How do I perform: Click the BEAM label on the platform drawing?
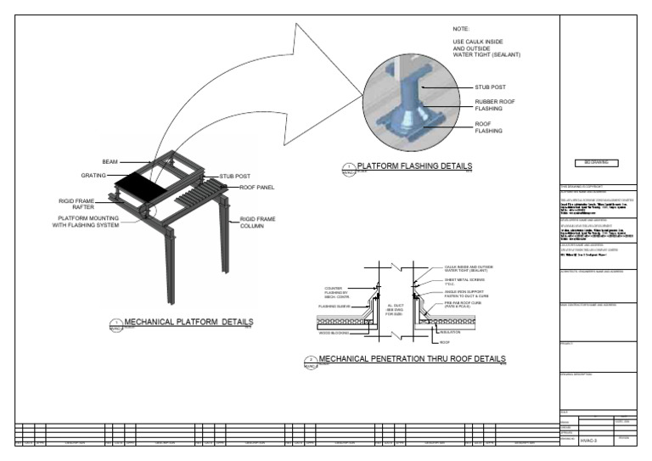click(110, 161)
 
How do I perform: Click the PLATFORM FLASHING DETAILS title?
click(414, 166)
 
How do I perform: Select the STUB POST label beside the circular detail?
click(490, 87)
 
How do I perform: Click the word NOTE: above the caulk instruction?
click(461, 29)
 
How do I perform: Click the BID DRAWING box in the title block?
click(598, 161)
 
